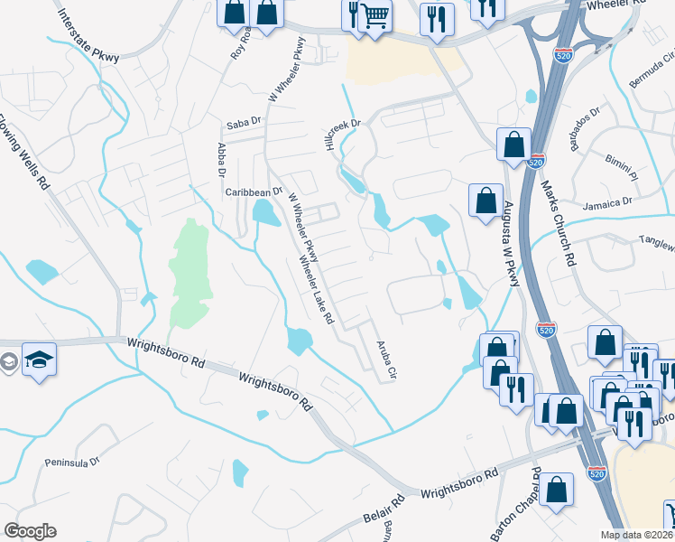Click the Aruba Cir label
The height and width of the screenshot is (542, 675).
coord(387,359)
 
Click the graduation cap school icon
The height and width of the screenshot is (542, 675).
coord(39,360)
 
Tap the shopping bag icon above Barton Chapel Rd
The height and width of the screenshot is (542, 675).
coord(559,491)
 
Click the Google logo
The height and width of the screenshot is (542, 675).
coord(30,531)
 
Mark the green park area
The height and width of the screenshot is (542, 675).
coord(190,271)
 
